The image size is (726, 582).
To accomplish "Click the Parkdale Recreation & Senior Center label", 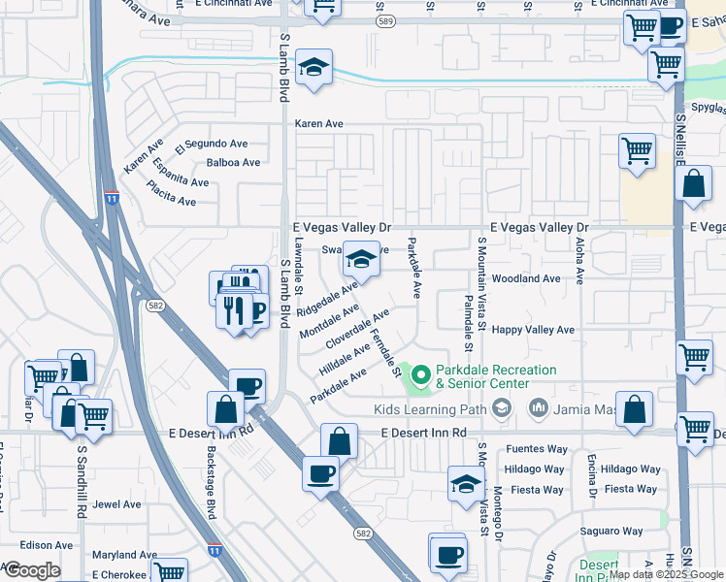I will (495, 377).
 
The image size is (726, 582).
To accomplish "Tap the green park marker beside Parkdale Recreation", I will (420, 373).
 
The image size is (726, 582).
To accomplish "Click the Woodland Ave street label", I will (526, 278).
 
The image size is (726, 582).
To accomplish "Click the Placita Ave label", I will (171, 194).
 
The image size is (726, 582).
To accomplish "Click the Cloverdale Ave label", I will (357, 330).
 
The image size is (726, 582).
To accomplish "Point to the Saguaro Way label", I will (611, 532).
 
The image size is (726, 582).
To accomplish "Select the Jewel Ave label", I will (117, 504).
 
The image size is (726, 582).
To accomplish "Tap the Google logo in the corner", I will (31, 570).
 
